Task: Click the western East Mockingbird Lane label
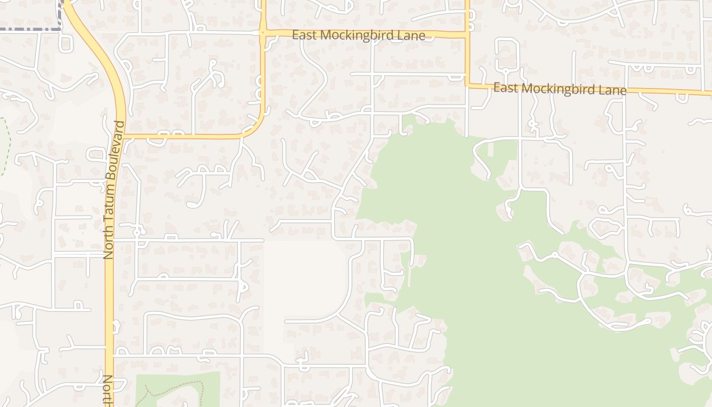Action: tap(358, 35)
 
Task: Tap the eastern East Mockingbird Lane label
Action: tap(559, 89)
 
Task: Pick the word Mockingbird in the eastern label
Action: tap(560, 89)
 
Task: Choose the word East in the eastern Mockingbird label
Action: tap(506, 87)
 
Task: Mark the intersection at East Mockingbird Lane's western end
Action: tap(262, 33)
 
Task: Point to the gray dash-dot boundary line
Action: tap(31, 30)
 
